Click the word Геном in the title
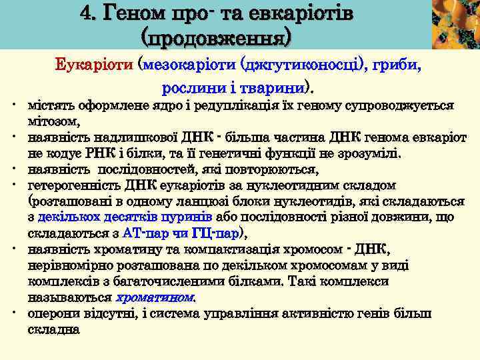145,13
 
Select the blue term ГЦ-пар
214,233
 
